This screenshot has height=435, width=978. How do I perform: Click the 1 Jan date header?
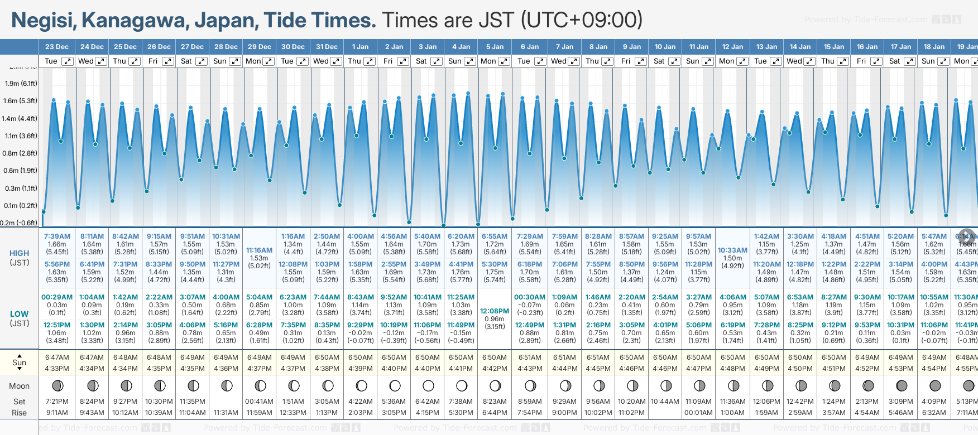(360, 47)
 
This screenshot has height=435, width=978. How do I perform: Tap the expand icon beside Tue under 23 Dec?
(67, 61)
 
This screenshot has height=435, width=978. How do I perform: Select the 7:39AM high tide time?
(57, 236)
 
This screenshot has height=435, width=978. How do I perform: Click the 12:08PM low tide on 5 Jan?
(495, 311)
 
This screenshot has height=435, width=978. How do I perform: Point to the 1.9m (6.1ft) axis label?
(21, 84)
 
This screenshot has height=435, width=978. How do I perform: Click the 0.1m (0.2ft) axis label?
(21, 205)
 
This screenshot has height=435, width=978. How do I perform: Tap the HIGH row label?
(20, 253)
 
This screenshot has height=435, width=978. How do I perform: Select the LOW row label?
(20, 314)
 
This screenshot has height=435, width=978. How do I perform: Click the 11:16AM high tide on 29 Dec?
(260, 250)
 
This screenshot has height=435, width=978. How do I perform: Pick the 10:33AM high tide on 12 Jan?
(732, 250)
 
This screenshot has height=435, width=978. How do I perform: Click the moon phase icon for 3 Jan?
(428, 385)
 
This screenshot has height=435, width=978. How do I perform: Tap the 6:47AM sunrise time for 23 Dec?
(57, 357)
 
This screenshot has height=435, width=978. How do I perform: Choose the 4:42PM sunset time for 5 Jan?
(495, 369)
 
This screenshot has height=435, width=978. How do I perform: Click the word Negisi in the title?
(44, 21)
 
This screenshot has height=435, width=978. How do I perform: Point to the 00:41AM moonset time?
(260, 402)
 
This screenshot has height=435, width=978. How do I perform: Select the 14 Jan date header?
(800, 47)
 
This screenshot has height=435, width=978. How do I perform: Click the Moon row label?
(20, 386)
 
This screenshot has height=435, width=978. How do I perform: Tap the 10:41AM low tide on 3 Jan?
(428, 297)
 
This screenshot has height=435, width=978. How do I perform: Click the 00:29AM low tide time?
(57, 297)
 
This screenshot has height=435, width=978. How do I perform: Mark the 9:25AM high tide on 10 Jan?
(665, 236)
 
